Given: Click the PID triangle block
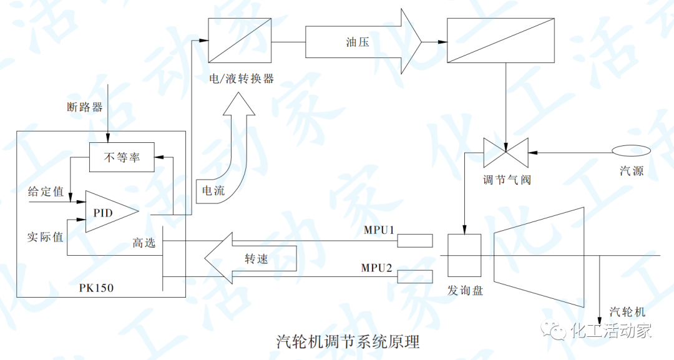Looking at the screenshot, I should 107,212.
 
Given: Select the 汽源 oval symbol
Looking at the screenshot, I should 631,152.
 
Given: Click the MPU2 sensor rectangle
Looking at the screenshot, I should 415,276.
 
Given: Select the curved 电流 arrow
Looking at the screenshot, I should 231,156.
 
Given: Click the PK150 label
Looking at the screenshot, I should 97,289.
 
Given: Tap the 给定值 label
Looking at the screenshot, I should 46,192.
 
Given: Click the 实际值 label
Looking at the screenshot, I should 46,237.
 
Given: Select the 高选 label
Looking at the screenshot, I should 144,242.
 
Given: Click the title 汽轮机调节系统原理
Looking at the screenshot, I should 348,341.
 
